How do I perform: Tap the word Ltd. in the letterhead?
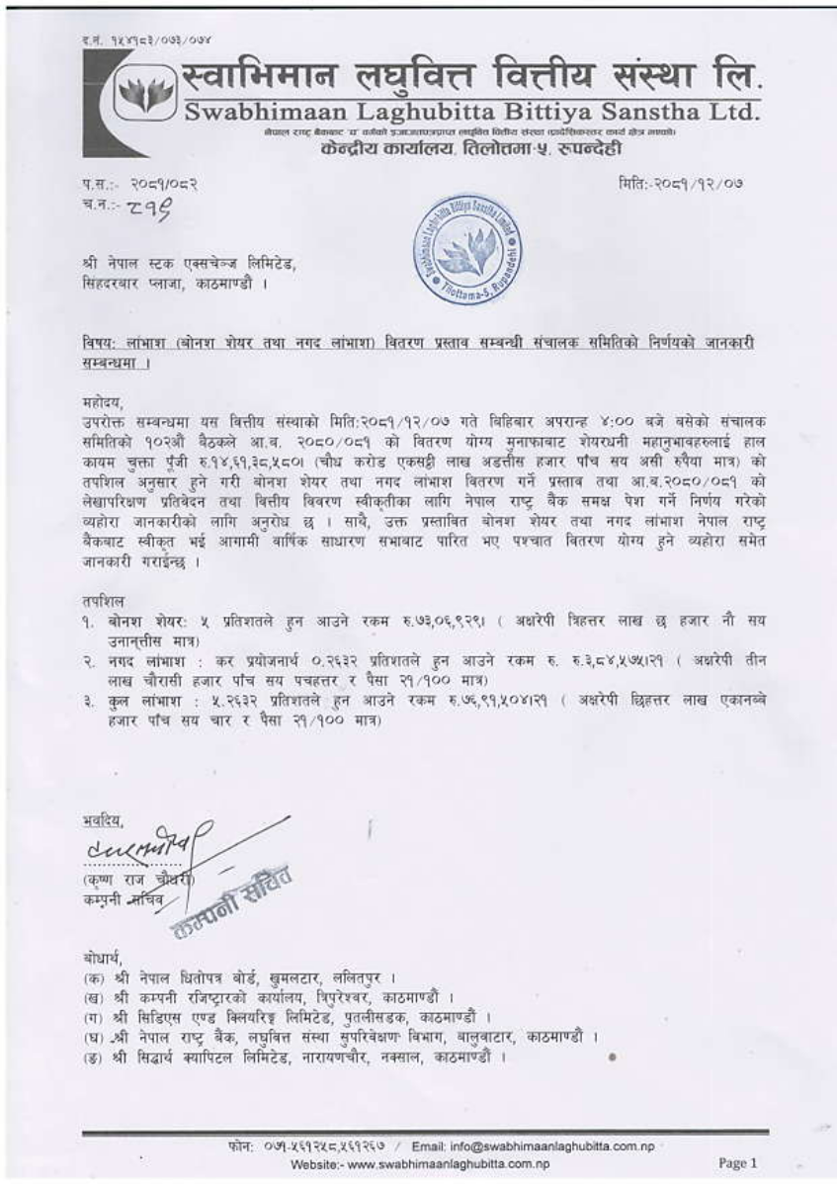729,113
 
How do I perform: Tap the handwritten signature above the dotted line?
148,846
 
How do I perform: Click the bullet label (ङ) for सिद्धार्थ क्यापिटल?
95,1058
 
